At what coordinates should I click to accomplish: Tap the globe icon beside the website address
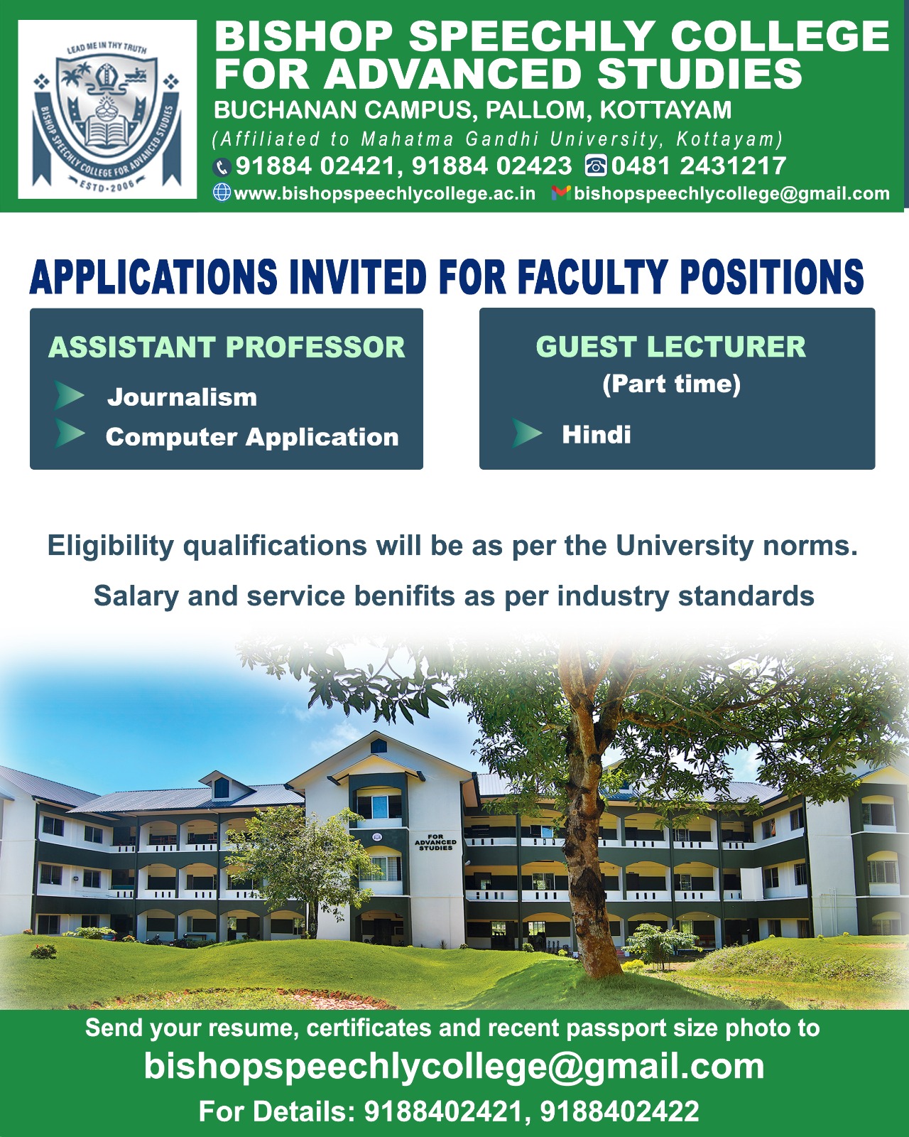(x=222, y=193)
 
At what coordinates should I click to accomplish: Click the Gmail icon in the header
(x=560, y=193)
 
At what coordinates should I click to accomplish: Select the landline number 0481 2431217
(x=699, y=166)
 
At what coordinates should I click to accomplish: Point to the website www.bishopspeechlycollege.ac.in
(x=384, y=194)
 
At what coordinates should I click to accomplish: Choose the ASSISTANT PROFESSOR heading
(x=227, y=347)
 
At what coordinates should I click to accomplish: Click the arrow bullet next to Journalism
(x=69, y=395)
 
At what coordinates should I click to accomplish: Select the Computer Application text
(x=252, y=438)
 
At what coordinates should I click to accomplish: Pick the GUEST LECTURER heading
(x=671, y=347)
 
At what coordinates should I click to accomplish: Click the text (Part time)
(x=671, y=384)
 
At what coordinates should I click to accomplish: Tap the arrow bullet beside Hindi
(x=527, y=433)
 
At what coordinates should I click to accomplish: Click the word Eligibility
(x=110, y=546)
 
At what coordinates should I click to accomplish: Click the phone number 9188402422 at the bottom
(x=619, y=1111)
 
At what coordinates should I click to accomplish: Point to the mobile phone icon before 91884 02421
(x=222, y=167)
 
